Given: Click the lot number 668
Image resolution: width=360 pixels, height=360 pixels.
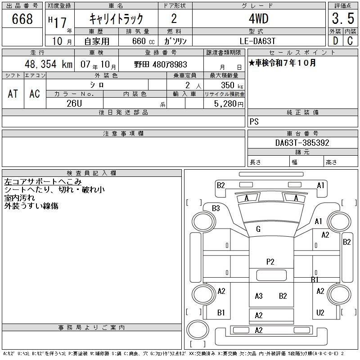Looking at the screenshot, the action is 22,18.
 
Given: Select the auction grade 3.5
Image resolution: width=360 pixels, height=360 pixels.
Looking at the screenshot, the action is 343,18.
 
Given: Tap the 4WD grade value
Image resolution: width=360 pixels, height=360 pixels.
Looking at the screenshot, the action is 259,18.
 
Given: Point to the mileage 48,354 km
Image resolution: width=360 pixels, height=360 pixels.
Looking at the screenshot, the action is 49,64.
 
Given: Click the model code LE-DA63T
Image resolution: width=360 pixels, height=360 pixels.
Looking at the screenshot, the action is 257,41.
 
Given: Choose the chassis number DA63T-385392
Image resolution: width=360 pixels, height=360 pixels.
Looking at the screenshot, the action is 302,143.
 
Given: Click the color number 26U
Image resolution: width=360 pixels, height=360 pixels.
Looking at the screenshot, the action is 74,103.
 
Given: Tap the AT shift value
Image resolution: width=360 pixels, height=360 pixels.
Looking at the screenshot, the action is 13,94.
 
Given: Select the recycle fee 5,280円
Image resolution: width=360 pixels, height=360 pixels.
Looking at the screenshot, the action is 229,104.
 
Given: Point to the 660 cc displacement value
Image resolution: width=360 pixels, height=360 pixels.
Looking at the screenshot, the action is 143,41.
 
